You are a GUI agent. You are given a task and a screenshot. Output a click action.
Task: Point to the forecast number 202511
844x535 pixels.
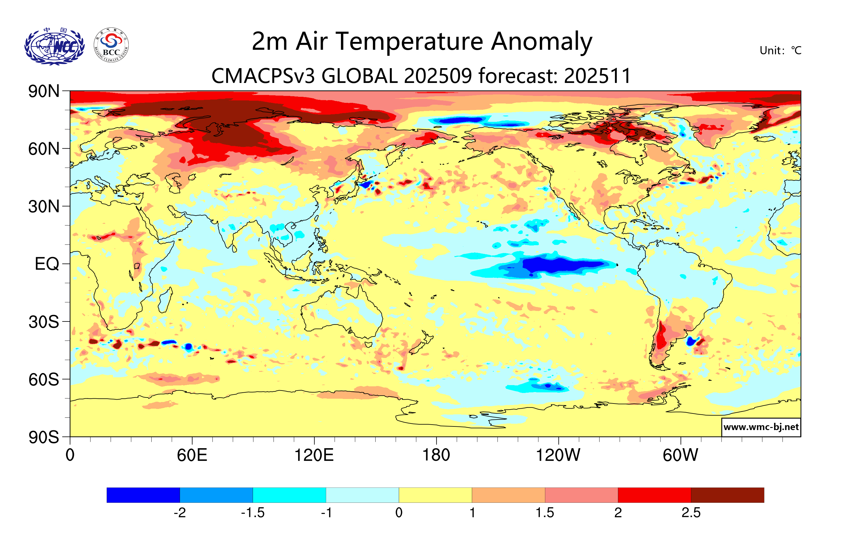[x=598, y=76]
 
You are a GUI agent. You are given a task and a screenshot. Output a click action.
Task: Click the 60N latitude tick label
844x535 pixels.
[x=44, y=149]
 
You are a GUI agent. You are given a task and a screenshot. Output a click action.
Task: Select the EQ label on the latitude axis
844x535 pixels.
[x=47, y=264]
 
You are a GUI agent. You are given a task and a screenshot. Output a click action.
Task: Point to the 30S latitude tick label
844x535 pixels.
[x=44, y=322]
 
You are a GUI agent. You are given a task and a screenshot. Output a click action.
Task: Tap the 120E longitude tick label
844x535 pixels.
[x=314, y=455]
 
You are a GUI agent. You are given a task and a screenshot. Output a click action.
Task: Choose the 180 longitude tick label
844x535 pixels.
[x=436, y=455]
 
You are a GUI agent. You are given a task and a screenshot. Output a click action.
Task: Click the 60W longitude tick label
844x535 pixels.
[x=680, y=455]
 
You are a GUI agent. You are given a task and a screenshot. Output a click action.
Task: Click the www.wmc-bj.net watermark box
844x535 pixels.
[x=761, y=427]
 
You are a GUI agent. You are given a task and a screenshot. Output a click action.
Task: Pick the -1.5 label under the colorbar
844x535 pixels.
[x=253, y=513]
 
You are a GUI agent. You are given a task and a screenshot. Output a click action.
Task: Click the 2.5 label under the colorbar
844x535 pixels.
[x=691, y=513]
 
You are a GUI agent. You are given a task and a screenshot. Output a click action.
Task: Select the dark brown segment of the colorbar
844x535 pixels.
[x=727, y=495]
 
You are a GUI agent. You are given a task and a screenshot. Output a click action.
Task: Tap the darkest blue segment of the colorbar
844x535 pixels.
[x=143, y=495]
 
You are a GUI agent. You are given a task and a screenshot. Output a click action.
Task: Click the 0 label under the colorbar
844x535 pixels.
[x=399, y=513]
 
